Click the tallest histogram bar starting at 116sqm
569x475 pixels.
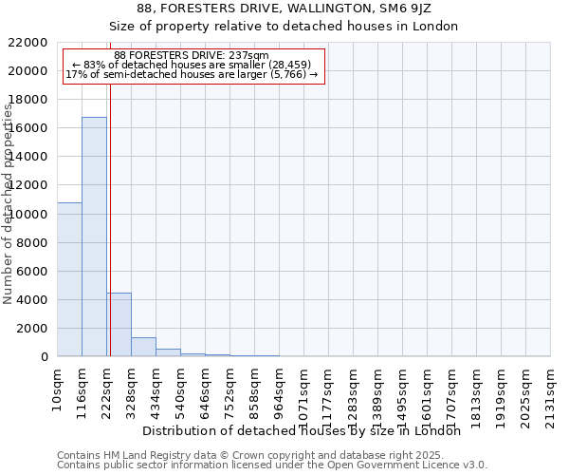(94, 237)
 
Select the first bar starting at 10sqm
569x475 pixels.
(69, 279)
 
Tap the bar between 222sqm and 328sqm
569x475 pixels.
(119, 324)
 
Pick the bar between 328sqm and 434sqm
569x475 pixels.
(143, 347)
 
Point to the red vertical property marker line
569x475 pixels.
(110, 218)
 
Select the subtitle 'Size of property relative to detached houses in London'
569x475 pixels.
(284, 27)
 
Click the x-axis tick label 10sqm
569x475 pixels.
(57, 388)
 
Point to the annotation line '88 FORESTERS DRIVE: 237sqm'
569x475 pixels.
(192, 55)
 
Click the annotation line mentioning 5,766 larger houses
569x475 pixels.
(192, 74)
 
